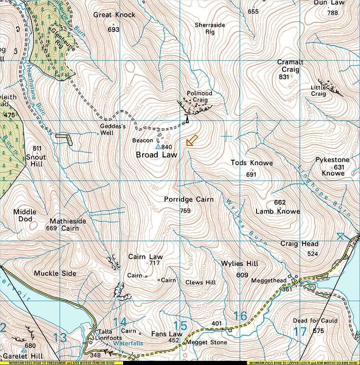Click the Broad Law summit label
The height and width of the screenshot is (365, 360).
(156, 155)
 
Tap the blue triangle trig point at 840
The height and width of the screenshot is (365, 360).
(158, 147)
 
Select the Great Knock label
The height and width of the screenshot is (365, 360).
(114, 15)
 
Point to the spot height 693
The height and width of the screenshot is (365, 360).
(113, 30)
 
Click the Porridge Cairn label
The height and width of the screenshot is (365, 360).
(185, 199)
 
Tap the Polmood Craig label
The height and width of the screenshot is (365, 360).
(199, 96)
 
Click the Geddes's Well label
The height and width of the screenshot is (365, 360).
(112, 129)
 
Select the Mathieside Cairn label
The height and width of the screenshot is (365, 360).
(67, 224)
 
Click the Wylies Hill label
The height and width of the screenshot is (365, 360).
(240, 264)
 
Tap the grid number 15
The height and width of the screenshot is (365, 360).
(180, 326)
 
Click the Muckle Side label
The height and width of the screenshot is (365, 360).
(55, 273)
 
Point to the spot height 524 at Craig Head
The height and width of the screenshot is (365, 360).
(312, 254)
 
